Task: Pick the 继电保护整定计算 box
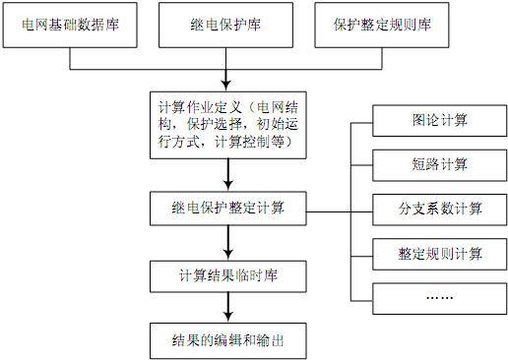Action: (228, 209)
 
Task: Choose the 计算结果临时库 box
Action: (228, 274)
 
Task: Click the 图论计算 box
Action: (440, 121)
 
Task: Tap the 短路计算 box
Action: (440, 164)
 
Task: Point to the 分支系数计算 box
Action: (440, 209)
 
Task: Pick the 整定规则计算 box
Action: (440, 254)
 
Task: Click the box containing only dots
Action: (440, 297)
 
